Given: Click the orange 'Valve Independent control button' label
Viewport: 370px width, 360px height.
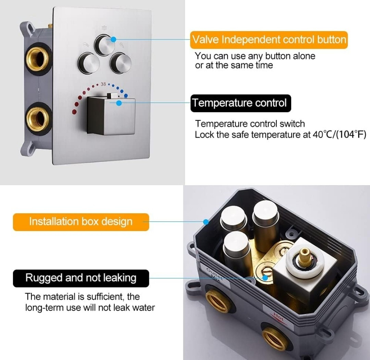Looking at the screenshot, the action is pyautogui.click(x=269, y=40).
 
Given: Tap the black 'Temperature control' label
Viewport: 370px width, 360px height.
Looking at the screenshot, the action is pyautogui.click(x=241, y=103).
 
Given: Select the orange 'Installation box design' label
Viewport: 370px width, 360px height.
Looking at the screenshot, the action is pyautogui.click(x=81, y=222).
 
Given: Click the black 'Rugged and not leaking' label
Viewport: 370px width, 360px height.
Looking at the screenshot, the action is pyautogui.click(x=81, y=278).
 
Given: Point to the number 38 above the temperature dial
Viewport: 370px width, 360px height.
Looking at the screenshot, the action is pyautogui.click(x=103, y=84).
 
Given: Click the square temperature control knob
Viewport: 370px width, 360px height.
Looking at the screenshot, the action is pyautogui.click(x=111, y=115).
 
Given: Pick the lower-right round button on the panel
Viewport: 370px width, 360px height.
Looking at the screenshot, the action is pyautogui.click(x=121, y=63).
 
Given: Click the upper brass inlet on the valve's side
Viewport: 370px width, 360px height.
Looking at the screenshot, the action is pyautogui.click(x=38, y=59).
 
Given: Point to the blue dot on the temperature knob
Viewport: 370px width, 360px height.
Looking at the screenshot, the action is pyautogui.click(x=119, y=103).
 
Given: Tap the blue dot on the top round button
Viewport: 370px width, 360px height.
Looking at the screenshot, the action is pyautogui.click(x=113, y=39).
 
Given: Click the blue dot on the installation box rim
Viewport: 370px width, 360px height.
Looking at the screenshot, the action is pyautogui.click(x=206, y=222).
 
